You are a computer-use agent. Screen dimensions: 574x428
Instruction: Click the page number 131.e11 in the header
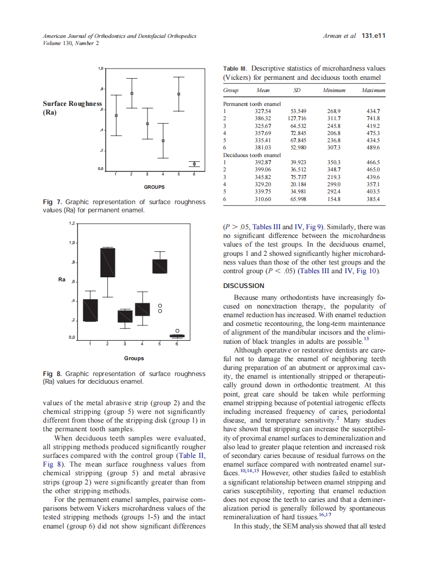coord(373,36)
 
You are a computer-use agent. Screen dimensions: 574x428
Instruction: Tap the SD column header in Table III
coord(297,90)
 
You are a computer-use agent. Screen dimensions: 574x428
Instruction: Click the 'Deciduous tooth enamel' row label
coord(252,154)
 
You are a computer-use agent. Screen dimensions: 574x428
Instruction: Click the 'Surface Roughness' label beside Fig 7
coord(72,103)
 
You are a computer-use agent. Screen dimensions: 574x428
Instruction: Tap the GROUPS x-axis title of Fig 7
coord(153,187)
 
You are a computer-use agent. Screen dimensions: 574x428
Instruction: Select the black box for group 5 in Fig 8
coord(160,266)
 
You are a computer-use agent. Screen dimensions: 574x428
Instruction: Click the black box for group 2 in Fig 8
coord(108,262)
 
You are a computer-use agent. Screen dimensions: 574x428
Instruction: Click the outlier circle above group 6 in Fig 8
coord(177,331)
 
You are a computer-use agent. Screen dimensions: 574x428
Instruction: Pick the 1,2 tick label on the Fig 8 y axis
coord(72,224)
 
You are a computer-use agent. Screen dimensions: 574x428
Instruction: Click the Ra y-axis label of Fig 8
coord(62,280)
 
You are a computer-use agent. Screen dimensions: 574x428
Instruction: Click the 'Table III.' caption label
coord(235,68)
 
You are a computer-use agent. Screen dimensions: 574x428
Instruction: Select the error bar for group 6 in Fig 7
coord(194,164)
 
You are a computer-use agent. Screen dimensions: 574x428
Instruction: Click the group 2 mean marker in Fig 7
coord(132,94)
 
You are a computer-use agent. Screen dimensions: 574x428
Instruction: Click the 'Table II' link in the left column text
coord(191,455)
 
